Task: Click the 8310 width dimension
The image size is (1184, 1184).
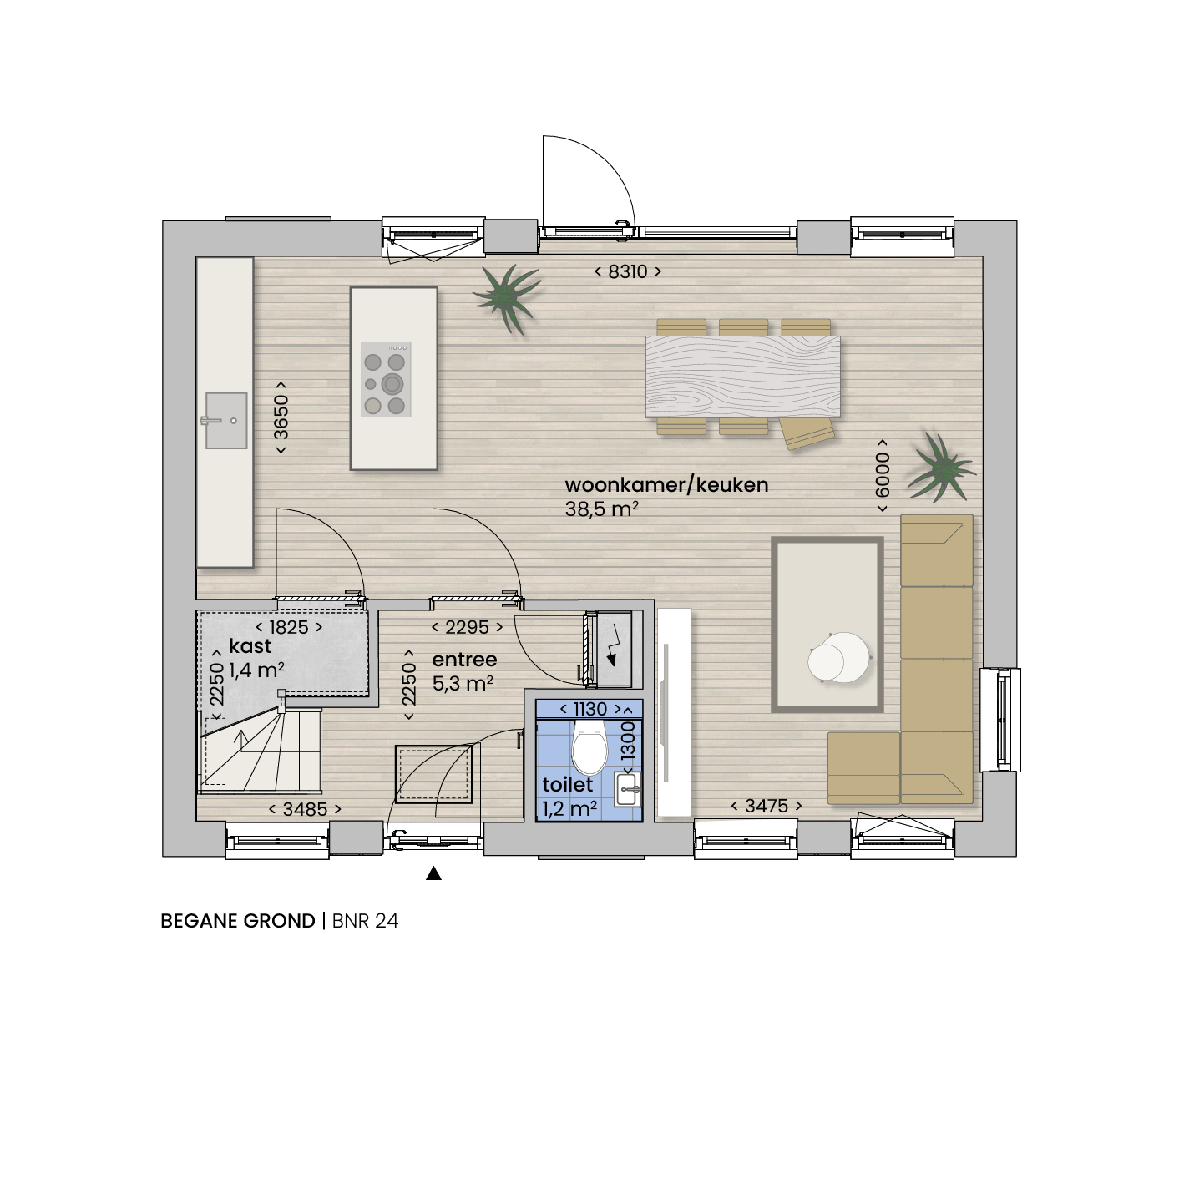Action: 627,271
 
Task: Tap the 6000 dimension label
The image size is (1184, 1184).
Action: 883,476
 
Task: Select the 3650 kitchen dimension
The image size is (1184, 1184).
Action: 281,417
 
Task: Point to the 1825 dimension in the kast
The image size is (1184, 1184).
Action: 289,627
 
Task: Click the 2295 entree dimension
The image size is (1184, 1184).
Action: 467,627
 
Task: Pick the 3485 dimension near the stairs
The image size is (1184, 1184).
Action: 306,809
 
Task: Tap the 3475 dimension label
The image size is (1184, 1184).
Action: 767,806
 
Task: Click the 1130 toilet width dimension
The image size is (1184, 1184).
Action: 590,709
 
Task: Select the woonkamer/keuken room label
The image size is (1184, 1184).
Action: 666,485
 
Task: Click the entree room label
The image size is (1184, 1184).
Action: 464,660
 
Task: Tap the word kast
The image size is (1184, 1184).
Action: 250,645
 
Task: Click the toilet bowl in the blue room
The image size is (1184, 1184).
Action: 589,747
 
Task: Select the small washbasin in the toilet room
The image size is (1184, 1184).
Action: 628,790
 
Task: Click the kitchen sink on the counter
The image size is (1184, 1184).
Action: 225,421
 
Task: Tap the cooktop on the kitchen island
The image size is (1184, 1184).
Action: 386,380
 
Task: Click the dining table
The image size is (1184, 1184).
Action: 743,377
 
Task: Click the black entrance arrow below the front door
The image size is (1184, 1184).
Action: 434,873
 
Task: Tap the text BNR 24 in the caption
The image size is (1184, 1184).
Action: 365,921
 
